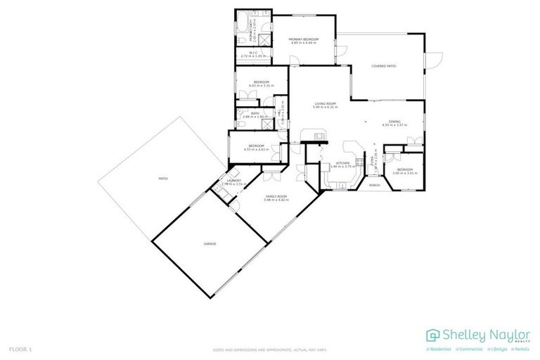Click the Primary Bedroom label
click(x=304, y=39)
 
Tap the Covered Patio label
click(x=384, y=66)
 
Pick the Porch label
click(x=374, y=185)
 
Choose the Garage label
click(x=210, y=243)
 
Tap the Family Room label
click(x=276, y=196)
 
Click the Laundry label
click(x=233, y=181)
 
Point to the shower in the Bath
click(x=268, y=122)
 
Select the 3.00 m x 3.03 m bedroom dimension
click(x=404, y=172)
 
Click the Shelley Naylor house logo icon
click(x=433, y=335)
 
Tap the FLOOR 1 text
click(x=20, y=349)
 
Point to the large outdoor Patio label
click(x=163, y=179)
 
